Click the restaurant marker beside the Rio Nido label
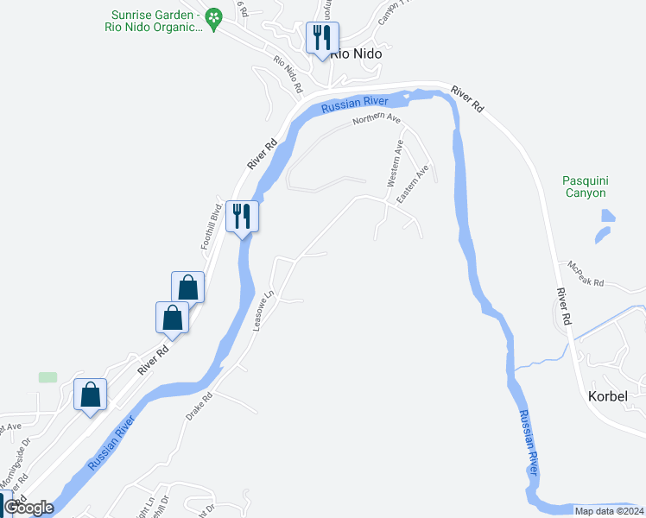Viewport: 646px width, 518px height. (322, 38)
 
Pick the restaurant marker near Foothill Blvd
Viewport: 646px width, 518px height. (241, 215)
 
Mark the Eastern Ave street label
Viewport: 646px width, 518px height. (413, 186)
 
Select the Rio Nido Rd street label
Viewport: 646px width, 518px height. (288, 74)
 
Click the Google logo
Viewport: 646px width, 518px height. (28, 508)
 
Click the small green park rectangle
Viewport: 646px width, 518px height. (47, 377)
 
